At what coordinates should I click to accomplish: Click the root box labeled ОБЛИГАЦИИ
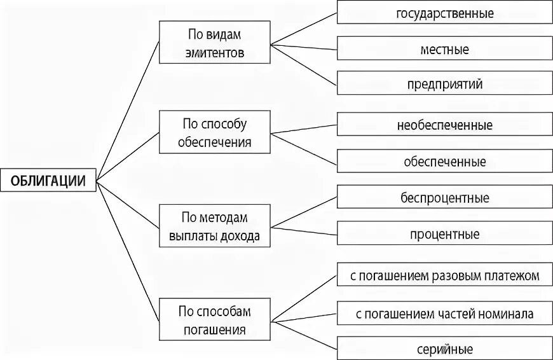pos(48,180)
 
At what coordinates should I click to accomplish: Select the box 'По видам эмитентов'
pos(215,43)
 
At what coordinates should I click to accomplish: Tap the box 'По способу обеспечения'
pos(215,133)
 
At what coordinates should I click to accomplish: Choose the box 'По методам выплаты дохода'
pos(215,226)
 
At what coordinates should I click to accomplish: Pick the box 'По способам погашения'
pos(215,320)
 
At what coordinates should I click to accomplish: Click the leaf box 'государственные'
pos(444,13)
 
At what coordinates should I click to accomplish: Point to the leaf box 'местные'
pos(444,48)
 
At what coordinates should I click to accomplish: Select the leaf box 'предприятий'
pos(444,83)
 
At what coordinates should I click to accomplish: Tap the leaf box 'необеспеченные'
pos(444,125)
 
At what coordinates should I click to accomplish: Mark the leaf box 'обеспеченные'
pos(444,161)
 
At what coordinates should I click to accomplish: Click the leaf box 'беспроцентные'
pos(444,198)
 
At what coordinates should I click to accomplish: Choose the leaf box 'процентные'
pos(444,234)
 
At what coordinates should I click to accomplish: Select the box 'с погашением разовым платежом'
pos(444,275)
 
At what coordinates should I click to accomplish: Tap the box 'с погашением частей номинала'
pos(444,313)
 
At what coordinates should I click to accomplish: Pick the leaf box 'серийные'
pos(444,349)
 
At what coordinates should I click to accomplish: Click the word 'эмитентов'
pos(215,53)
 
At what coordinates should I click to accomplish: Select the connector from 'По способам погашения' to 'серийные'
pos(304,335)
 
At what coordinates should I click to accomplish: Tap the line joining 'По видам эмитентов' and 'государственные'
pos(304,29)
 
